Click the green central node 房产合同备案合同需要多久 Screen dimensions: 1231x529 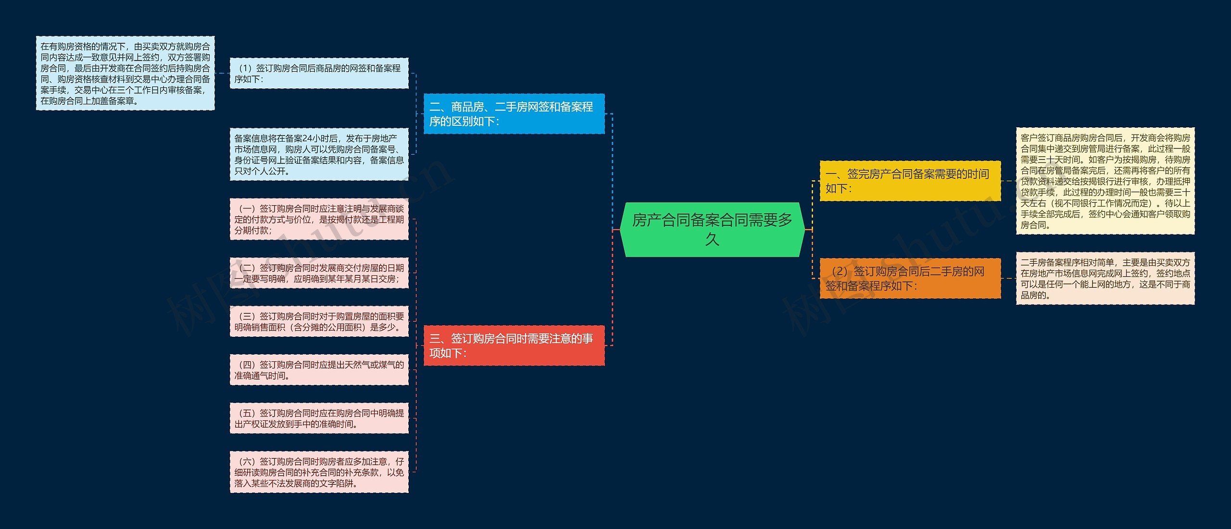(x=712, y=229)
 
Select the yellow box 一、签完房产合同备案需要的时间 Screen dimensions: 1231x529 (x=910, y=181)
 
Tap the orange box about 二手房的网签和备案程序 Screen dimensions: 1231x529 (x=910, y=278)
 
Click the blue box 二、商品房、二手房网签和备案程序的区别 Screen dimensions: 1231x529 (x=514, y=114)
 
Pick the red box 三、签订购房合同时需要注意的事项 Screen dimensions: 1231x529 (x=514, y=345)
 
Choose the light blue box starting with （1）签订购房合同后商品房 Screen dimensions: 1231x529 (x=319, y=74)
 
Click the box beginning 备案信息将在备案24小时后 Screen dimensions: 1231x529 (x=319, y=154)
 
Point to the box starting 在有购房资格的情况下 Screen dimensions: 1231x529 (x=125, y=73)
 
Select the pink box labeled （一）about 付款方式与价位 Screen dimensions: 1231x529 (x=319, y=219)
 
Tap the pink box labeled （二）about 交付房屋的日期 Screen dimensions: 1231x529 (x=319, y=273)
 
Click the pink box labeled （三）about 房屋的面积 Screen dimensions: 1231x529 (x=319, y=321)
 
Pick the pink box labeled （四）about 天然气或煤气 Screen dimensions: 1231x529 (x=319, y=370)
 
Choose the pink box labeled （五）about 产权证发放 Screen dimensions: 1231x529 (x=319, y=418)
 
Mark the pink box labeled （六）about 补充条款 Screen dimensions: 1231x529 (x=319, y=472)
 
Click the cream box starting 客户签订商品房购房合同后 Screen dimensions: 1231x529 (x=1105, y=181)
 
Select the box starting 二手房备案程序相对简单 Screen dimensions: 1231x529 (x=1105, y=278)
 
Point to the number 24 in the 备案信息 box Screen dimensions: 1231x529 (x=307, y=138)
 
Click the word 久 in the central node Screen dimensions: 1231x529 (x=712, y=239)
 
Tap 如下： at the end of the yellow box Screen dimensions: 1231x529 (x=839, y=188)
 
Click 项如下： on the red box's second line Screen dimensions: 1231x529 (x=448, y=353)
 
